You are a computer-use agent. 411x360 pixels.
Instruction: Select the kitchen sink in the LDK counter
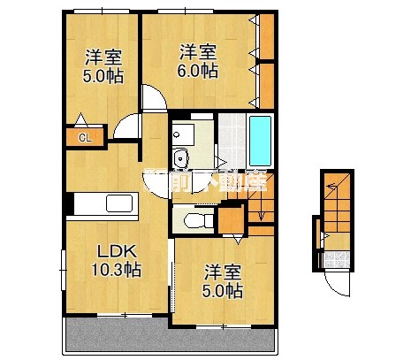119,203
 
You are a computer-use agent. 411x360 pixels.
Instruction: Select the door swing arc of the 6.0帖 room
154,97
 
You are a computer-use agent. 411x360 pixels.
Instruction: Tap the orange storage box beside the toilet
232,217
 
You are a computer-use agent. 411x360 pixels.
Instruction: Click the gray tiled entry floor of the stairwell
335,259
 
